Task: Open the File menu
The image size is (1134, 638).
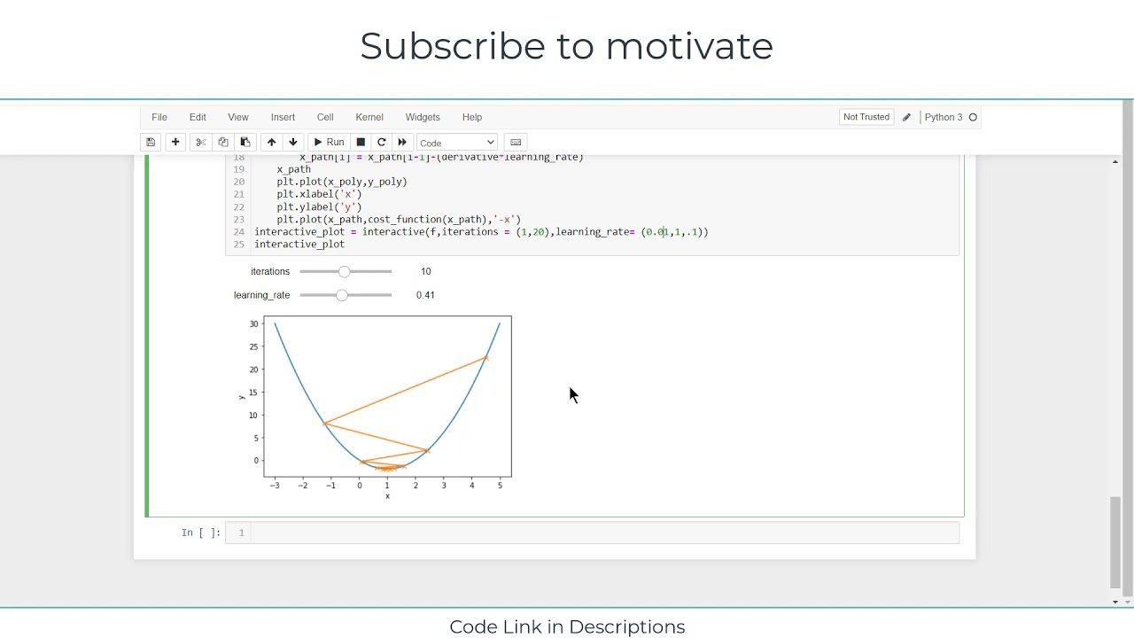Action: click(159, 117)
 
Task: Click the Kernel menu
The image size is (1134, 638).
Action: click(369, 117)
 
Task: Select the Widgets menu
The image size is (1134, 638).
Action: click(423, 117)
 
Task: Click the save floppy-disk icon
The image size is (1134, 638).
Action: click(151, 143)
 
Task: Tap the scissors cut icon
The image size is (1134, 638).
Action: click(201, 143)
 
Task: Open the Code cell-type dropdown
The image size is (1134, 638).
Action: click(457, 143)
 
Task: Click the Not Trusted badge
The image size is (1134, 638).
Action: click(866, 117)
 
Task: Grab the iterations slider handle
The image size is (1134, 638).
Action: click(344, 271)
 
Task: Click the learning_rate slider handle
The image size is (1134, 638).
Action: click(341, 295)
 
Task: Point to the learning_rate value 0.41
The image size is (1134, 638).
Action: click(425, 295)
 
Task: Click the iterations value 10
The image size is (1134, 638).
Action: click(426, 271)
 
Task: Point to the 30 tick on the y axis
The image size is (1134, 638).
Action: click(254, 323)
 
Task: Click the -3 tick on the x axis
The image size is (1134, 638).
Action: click(275, 486)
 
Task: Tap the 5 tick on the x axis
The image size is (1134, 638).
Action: click(500, 486)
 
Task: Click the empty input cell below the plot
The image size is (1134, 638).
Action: click(602, 533)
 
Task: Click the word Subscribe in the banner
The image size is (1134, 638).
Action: click(452, 46)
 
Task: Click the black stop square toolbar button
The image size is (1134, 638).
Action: click(361, 143)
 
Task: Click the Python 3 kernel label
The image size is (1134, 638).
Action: click(943, 117)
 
